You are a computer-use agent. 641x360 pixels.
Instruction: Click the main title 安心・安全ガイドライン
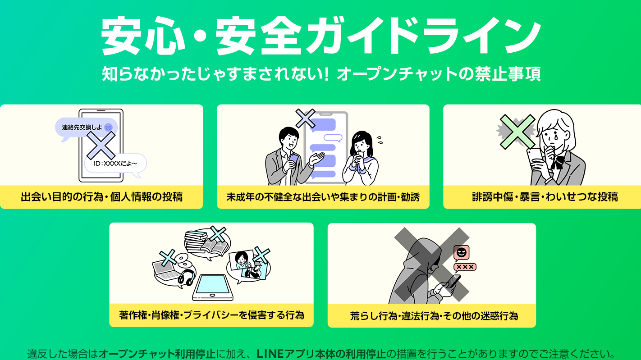[320, 36]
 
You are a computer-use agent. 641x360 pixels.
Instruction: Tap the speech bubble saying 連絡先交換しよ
[86, 128]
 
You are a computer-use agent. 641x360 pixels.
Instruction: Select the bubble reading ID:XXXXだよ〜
[115, 164]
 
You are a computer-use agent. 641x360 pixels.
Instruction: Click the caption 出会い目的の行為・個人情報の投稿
[101, 197]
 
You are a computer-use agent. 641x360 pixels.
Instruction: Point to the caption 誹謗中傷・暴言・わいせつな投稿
[545, 197]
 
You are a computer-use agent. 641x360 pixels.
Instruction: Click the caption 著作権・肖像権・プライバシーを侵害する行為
[211, 315]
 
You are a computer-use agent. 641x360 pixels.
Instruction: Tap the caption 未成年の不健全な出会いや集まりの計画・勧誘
[323, 197]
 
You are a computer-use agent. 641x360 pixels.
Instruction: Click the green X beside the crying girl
[517, 132]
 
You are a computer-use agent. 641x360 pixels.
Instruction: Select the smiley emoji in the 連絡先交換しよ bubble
[109, 127]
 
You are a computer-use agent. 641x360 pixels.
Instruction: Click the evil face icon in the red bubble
[461, 252]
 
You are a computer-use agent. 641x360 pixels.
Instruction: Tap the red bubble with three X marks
[465, 267]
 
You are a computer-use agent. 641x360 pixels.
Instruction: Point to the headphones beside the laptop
[186, 278]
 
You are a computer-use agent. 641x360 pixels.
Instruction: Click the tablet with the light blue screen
[213, 287]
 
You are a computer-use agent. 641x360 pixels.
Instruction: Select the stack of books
[196, 242]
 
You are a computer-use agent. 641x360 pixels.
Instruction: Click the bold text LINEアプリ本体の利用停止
[321, 354]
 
